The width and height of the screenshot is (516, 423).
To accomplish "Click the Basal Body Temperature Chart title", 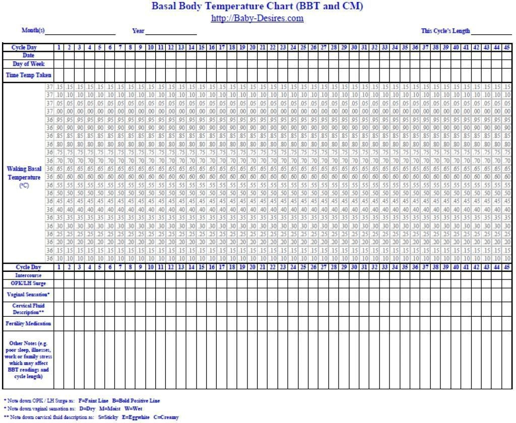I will coord(257,7).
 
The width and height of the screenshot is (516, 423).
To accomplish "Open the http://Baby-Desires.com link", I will coord(257,19).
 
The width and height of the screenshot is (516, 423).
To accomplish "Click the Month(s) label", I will coord(33,31).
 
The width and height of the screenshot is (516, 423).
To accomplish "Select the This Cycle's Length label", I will coord(445,31).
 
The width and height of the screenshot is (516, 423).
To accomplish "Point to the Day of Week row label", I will coord(28,64).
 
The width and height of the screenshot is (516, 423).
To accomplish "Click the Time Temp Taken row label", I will coord(28,75).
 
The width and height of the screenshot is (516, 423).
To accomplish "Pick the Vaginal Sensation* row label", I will coord(28,294).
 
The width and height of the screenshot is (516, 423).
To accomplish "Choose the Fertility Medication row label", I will coord(28,323).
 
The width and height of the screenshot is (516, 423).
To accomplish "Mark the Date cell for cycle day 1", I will coord(59,55).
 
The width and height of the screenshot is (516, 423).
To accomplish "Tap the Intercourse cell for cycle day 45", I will coord(506,275).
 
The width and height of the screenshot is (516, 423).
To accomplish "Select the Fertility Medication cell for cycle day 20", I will coord(252,323).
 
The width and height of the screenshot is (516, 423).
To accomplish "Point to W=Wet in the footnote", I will coord(133,409).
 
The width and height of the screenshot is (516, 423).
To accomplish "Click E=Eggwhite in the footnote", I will coord(135,417).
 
